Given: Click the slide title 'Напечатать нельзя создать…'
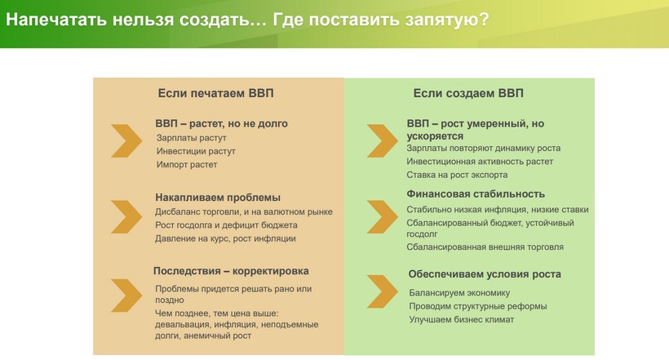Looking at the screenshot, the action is coord(136,20).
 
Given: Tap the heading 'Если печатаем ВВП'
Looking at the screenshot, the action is coord(216,93).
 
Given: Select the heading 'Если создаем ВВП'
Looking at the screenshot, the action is coord(468,93).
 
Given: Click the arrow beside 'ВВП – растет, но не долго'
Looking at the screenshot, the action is coord(126,141).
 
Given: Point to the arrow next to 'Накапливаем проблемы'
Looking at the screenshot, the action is coord(126,217).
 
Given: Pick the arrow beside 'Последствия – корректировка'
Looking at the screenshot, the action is coord(126,296).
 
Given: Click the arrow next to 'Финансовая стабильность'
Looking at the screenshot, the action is coord(383,217).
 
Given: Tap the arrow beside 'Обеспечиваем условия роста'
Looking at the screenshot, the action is coord(383,291).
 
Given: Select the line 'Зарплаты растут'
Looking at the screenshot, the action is coord(191,138).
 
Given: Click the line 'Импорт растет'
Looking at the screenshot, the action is coord(187,164).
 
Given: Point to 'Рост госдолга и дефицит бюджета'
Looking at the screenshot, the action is coord(226,225).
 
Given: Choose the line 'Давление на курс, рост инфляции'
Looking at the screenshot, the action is coord(225,238).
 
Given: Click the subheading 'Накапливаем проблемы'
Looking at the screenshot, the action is coord(218,198).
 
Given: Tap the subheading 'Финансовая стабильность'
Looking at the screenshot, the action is coord(476,194).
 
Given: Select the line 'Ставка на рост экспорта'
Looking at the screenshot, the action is coord(457,175).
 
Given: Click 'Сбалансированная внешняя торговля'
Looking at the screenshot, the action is coord(485,247).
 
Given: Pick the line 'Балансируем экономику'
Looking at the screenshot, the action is coord(459,293).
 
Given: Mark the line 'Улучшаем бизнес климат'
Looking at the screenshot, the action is coord(461,319).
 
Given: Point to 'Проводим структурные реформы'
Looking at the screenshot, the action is coord(478,306).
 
